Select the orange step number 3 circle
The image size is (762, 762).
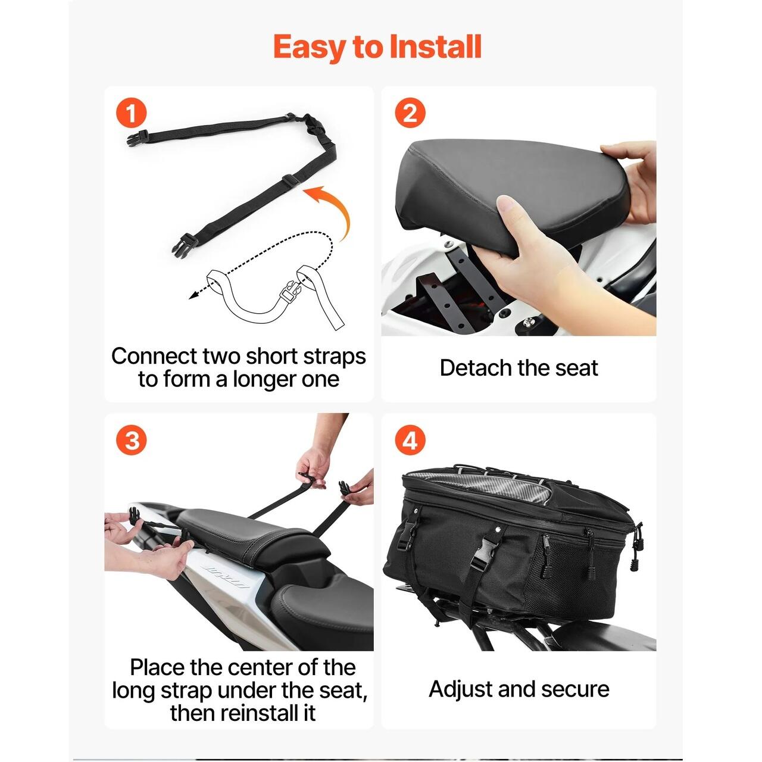pos(132,440)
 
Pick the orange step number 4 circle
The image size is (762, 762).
pos(410,440)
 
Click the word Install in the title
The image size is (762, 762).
pos(435,46)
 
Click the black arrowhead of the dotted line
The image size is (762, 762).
pos(193,295)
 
